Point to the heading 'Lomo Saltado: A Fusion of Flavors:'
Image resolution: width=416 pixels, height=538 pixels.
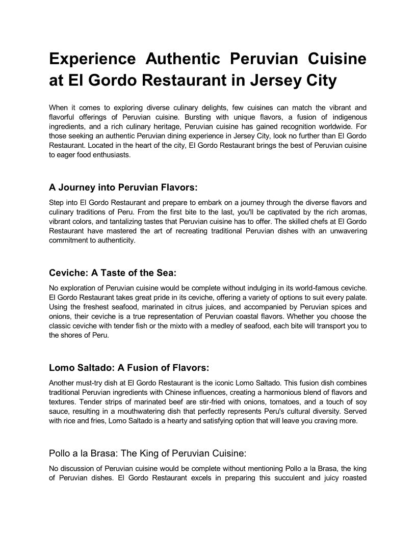[129, 367]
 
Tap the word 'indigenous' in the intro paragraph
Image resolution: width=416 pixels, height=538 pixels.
[345, 117]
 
